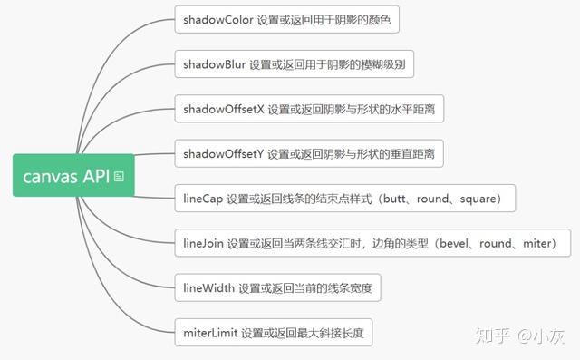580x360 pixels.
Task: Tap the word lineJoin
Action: point(204,243)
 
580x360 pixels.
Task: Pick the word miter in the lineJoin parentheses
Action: point(541,243)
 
